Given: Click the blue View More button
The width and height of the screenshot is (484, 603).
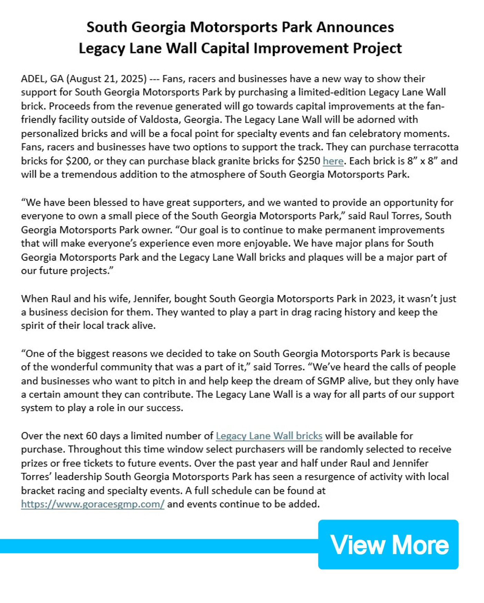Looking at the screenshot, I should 388,545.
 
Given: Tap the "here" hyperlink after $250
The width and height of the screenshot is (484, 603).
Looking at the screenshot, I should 333,161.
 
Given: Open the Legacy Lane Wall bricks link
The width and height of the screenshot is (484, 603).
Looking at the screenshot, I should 269,436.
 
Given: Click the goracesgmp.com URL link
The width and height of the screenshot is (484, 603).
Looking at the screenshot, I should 92,504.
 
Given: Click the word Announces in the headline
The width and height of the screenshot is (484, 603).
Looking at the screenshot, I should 355,27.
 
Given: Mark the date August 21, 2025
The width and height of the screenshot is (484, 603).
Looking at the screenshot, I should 107,79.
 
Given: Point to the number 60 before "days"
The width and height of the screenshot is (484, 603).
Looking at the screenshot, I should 91,436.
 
